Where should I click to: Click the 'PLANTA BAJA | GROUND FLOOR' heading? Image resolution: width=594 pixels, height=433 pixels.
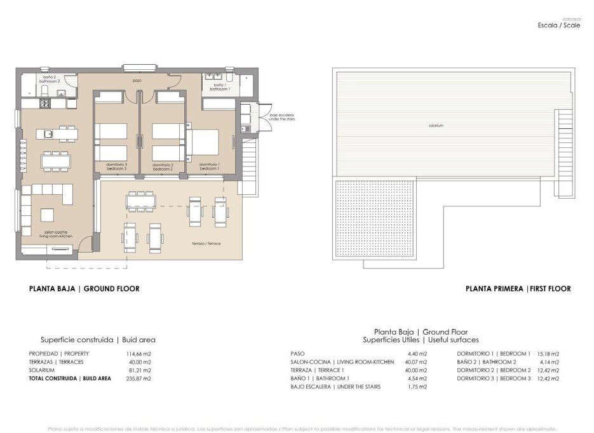pyautogui.click(x=84, y=289)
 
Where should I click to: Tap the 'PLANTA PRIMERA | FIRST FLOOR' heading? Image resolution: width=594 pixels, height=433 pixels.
pyautogui.click(x=518, y=289)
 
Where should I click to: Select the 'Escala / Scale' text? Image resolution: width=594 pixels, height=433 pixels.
pyautogui.click(x=558, y=25)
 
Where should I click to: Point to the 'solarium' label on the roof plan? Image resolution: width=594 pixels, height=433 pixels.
pyautogui.click(x=435, y=126)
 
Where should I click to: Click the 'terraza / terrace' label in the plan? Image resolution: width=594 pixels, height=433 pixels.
pyautogui.click(x=206, y=244)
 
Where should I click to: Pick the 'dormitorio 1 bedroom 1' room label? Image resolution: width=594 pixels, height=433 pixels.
pyautogui.click(x=209, y=166)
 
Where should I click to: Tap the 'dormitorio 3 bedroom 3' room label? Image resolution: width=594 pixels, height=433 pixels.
pyautogui.click(x=117, y=166)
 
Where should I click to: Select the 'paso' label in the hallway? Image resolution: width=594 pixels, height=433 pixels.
pyautogui.click(x=137, y=81)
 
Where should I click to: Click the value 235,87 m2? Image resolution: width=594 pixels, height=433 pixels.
pyautogui.click(x=138, y=378)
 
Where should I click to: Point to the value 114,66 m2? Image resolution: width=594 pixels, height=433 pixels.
pyautogui.click(x=138, y=354)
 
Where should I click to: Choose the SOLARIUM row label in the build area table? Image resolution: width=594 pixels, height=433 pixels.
pyautogui.click(x=42, y=370)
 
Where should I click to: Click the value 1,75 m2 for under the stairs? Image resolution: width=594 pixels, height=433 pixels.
pyautogui.click(x=416, y=387)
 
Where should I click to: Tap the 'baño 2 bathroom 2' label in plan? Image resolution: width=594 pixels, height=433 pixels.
pyautogui.click(x=50, y=79)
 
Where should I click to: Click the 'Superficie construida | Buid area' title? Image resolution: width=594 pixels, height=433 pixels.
pyautogui.click(x=98, y=340)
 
